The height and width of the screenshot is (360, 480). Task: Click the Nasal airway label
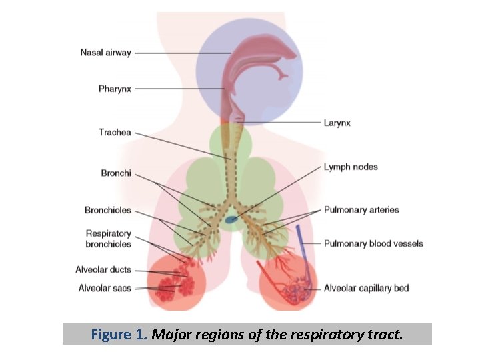[105, 52]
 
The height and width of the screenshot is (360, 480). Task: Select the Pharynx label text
[115, 89]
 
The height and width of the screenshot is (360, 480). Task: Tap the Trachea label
[115, 132]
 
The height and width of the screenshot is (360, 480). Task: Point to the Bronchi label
[116, 173]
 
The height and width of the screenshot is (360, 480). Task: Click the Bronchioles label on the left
[108, 210]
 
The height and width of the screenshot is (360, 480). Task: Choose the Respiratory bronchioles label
[108, 239]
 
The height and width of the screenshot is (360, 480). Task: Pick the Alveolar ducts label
[103, 270]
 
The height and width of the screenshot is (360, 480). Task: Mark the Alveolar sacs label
[105, 289]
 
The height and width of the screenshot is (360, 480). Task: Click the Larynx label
[337, 123]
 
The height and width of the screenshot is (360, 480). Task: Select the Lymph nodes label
[350, 167]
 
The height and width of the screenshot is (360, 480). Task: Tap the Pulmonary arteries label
[361, 209]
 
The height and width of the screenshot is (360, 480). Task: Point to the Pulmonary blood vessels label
[373, 243]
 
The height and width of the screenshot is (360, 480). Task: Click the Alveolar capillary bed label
[366, 288]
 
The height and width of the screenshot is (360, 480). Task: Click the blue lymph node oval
[231, 219]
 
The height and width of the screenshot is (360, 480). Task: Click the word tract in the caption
[387, 334]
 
